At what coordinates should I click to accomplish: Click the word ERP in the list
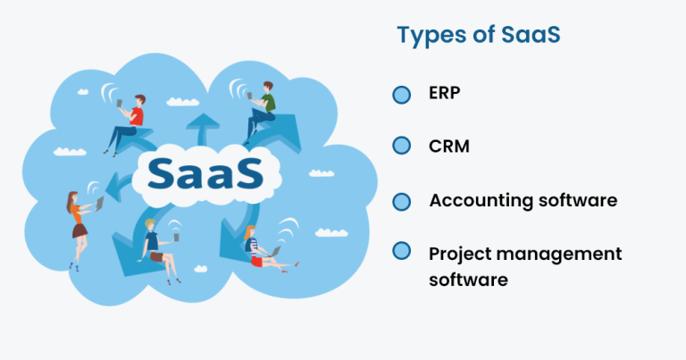pyautogui.click(x=445, y=93)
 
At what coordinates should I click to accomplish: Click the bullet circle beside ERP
pyautogui.click(x=402, y=94)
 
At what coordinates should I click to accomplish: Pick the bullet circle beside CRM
pyautogui.click(x=402, y=146)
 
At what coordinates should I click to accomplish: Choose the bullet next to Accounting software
pyautogui.click(x=402, y=200)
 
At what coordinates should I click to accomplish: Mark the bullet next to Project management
pyautogui.click(x=402, y=251)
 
